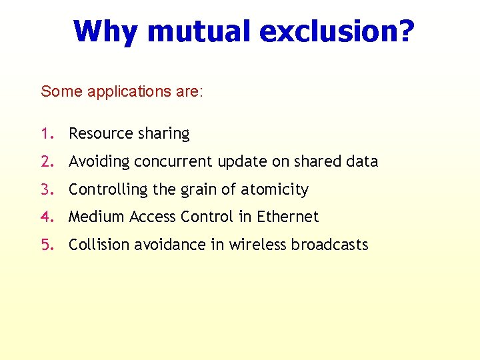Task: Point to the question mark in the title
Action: (406, 31)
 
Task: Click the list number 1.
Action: (45, 133)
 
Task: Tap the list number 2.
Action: (45, 161)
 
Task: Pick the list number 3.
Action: (45, 189)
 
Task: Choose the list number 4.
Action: (45, 217)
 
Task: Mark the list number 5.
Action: (45, 245)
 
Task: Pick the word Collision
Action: (99, 245)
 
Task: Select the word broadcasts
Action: (329, 245)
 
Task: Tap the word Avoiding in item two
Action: (99, 162)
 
